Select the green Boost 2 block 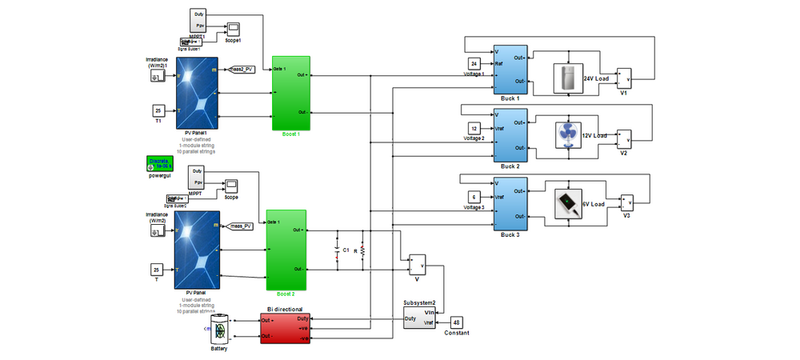[286, 250]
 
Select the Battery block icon [220, 329]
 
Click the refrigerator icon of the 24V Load [568, 80]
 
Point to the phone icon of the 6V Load [569, 203]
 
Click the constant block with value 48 [457, 321]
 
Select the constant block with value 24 [474, 64]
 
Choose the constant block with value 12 [474, 129]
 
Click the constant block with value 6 [474, 197]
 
